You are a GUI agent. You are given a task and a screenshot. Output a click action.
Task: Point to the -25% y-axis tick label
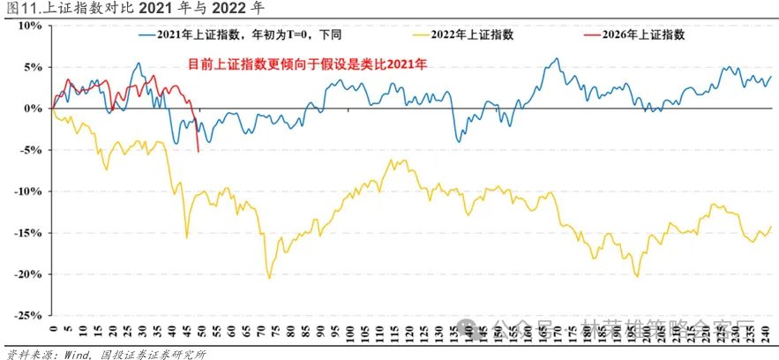click(26, 315)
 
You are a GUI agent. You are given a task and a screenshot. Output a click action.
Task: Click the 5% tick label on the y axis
click(32, 66)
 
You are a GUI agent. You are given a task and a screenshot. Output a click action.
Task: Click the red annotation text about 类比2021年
click(308, 64)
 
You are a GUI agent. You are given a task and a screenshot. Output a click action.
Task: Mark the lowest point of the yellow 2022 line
click(269, 278)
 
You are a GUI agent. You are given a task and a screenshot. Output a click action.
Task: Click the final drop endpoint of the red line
click(198, 152)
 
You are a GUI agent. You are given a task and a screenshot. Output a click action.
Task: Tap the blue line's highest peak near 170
click(556, 59)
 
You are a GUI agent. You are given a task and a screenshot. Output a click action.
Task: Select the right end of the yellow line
click(770, 227)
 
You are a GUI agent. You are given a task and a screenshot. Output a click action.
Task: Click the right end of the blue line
click(770, 76)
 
